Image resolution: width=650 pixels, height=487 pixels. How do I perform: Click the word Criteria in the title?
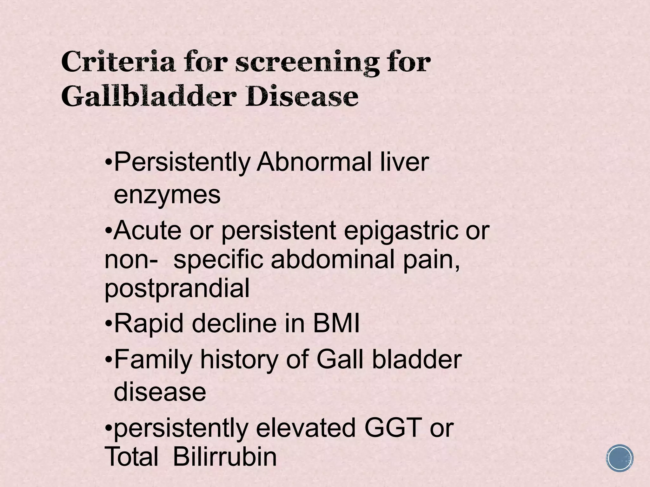coord(118,62)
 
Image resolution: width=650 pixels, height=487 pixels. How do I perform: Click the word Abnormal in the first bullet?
coord(314,162)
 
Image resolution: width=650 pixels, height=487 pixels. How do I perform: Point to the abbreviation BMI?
coord(336,324)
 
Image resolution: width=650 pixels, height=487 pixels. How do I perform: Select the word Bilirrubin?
coord(225,457)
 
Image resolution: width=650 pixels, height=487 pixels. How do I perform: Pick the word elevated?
coord(306,428)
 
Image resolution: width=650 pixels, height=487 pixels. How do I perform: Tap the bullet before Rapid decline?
coord(109,324)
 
